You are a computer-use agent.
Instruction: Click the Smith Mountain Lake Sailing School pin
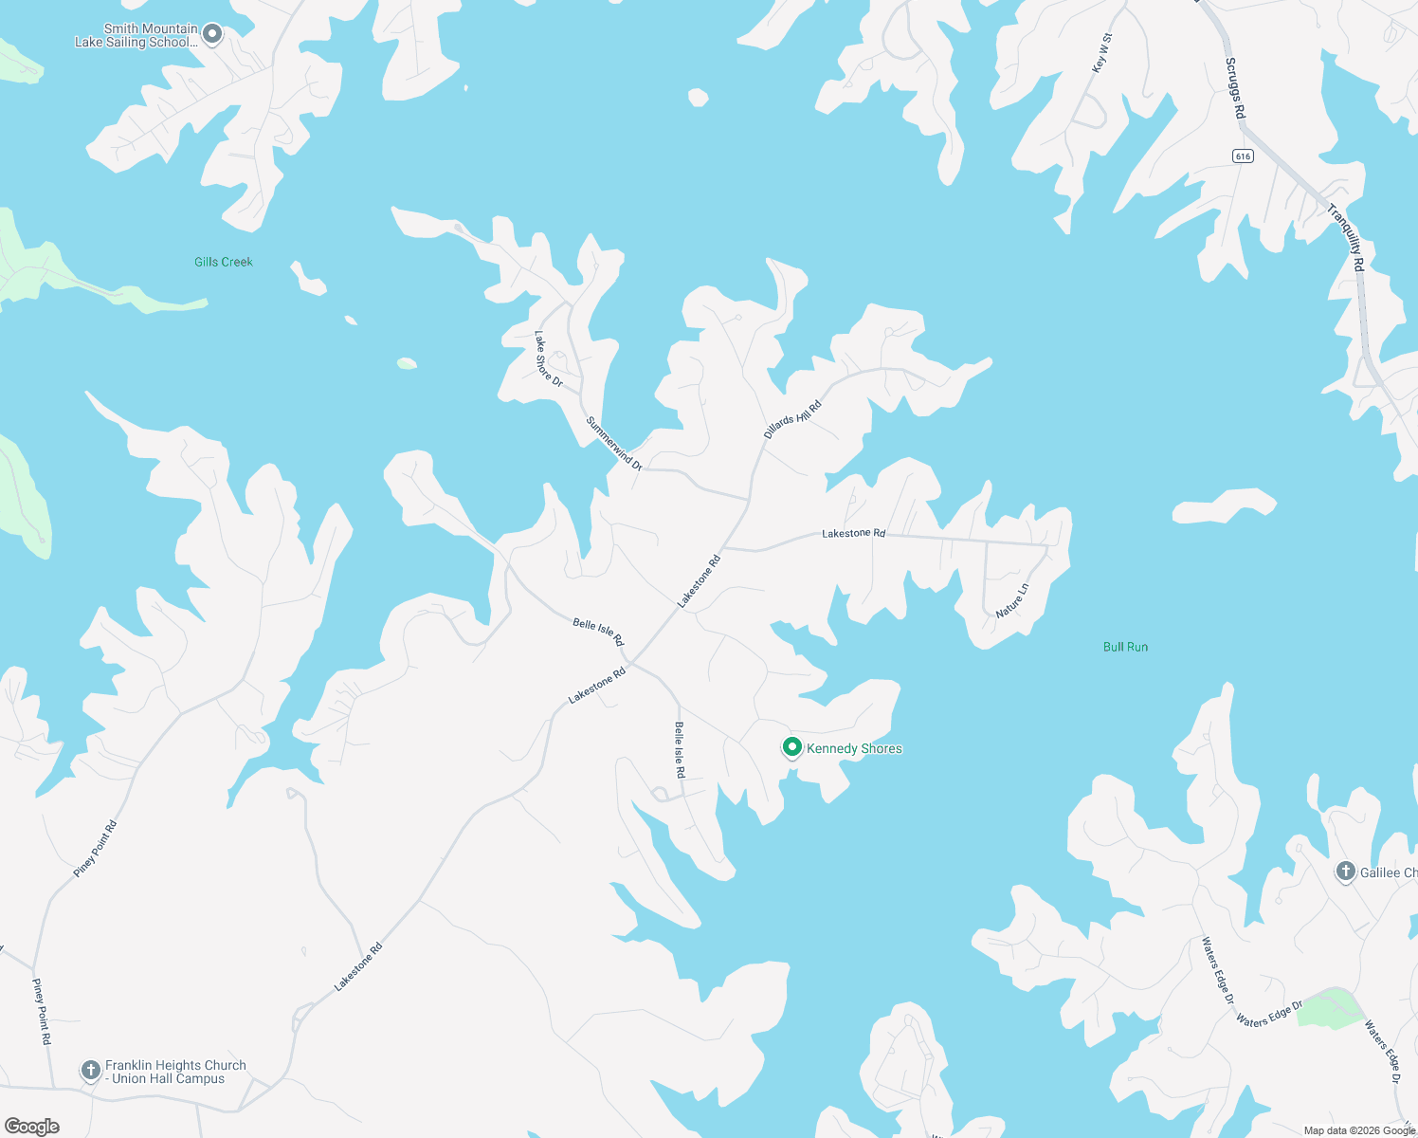(213, 34)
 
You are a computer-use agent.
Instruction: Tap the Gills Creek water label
(224, 262)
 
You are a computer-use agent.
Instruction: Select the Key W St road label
(1101, 53)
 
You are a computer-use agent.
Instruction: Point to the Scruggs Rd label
(1234, 88)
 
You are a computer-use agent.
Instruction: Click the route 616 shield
(1243, 156)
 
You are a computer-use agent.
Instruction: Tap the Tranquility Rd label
(1346, 238)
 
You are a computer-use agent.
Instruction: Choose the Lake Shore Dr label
(548, 359)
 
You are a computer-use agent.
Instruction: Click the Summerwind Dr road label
(614, 443)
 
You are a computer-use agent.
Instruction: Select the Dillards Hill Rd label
(792, 419)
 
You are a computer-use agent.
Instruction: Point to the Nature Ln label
(1011, 601)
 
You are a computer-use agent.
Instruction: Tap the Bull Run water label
(1125, 647)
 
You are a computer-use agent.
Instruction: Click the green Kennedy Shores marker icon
(791, 747)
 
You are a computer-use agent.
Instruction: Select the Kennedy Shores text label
(854, 748)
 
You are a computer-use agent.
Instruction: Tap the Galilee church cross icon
(1345, 871)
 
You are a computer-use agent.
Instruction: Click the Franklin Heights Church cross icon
(90, 1071)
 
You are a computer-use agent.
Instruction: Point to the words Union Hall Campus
(169, 1079)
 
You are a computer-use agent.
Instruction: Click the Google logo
(32, 1126)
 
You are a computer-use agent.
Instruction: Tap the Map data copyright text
(1358, 1130)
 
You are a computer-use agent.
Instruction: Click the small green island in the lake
(407, 363)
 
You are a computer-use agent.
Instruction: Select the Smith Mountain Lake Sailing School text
(136, 35)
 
